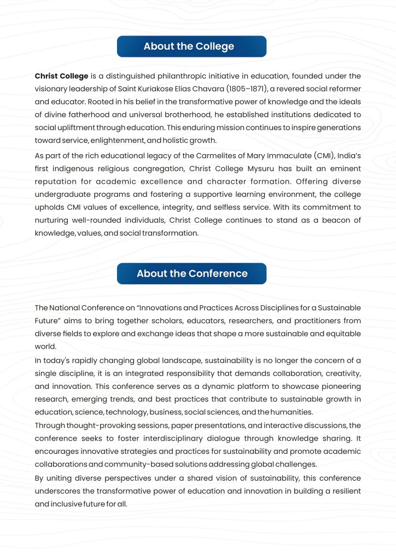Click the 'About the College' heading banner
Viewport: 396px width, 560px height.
(191, 46)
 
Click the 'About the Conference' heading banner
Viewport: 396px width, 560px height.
(191, 273)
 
